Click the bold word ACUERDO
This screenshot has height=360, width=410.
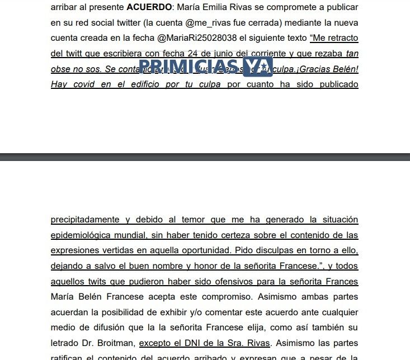[148, 8]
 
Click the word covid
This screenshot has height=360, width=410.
[83, 85]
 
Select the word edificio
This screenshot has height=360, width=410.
[143, 85]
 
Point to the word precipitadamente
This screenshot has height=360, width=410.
[84, 220]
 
